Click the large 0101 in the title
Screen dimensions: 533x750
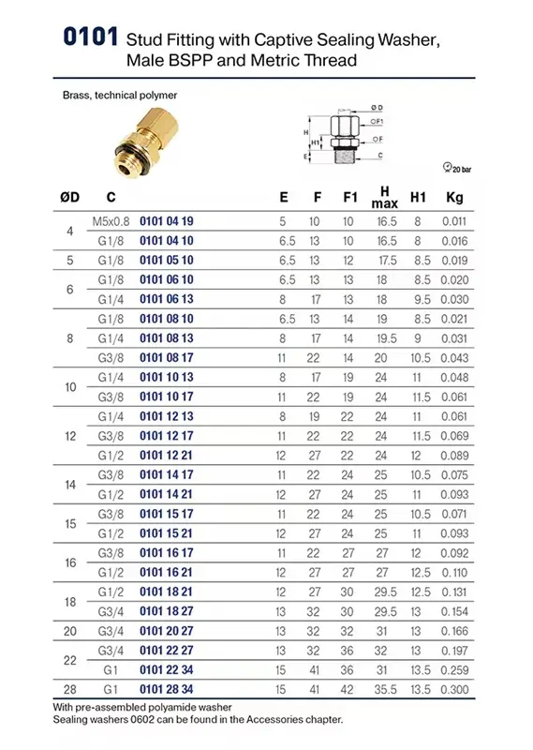(90, 37)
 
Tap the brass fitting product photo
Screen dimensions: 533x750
(145, 142)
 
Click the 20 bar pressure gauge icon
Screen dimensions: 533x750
(448, 167)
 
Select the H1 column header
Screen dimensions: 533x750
(418, 197)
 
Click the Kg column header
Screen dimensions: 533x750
(454, 197)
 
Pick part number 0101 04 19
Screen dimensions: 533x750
(167, 221)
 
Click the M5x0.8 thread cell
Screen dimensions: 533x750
(111, 221)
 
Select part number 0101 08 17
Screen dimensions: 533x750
(167, 358)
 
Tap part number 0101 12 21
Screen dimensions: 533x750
(166, 456)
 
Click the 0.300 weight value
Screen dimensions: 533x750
(454, 689)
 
